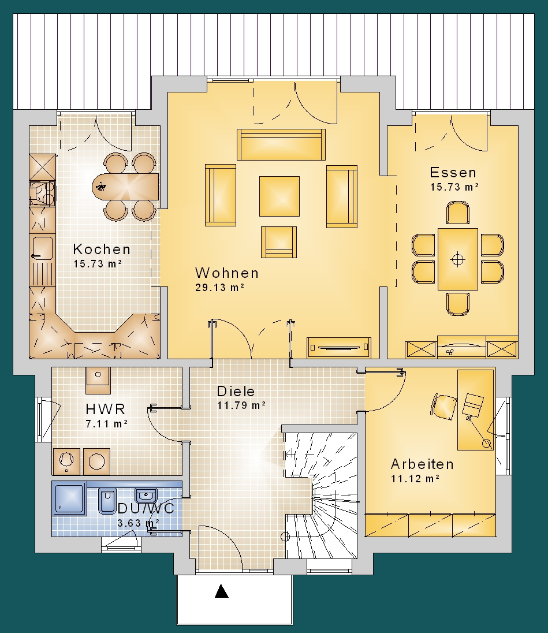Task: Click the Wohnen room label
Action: point(227,273)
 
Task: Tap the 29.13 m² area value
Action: point(220,288)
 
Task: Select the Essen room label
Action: point(453,172)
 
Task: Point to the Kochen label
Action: point(102,249)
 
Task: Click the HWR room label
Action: point(106,409)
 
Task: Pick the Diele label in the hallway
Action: point(236,391)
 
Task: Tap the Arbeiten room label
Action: point(422,464)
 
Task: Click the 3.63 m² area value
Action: point(138,523)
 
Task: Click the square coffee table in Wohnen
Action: point(279,196)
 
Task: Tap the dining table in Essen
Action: point(457,259)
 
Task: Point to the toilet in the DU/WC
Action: point(107,501)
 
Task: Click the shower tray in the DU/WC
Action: point(69,498)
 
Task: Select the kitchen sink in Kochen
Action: point(42,249)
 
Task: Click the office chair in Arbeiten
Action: point(444,407)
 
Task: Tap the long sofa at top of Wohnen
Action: point(281,144)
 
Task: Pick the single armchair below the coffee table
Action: point(279,242)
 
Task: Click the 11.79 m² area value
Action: point(241,405)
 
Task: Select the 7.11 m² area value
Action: point(106,424)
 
